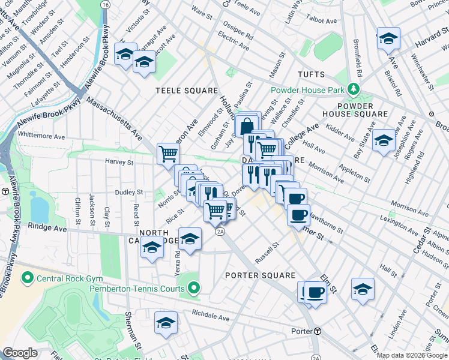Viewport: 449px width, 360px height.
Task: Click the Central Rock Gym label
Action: point(70,278)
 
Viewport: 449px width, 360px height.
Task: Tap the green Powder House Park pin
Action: point(354,90)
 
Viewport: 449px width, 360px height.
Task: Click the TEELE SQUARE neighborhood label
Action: point(187,91)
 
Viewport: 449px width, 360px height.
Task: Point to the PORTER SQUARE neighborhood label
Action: point(260,275)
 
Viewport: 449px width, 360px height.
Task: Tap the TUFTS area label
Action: point(312,75)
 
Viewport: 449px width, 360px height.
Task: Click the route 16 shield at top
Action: point(106,4)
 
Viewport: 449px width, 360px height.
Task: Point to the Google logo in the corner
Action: point(20,353)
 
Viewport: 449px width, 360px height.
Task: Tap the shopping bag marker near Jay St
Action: point(247,126)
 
